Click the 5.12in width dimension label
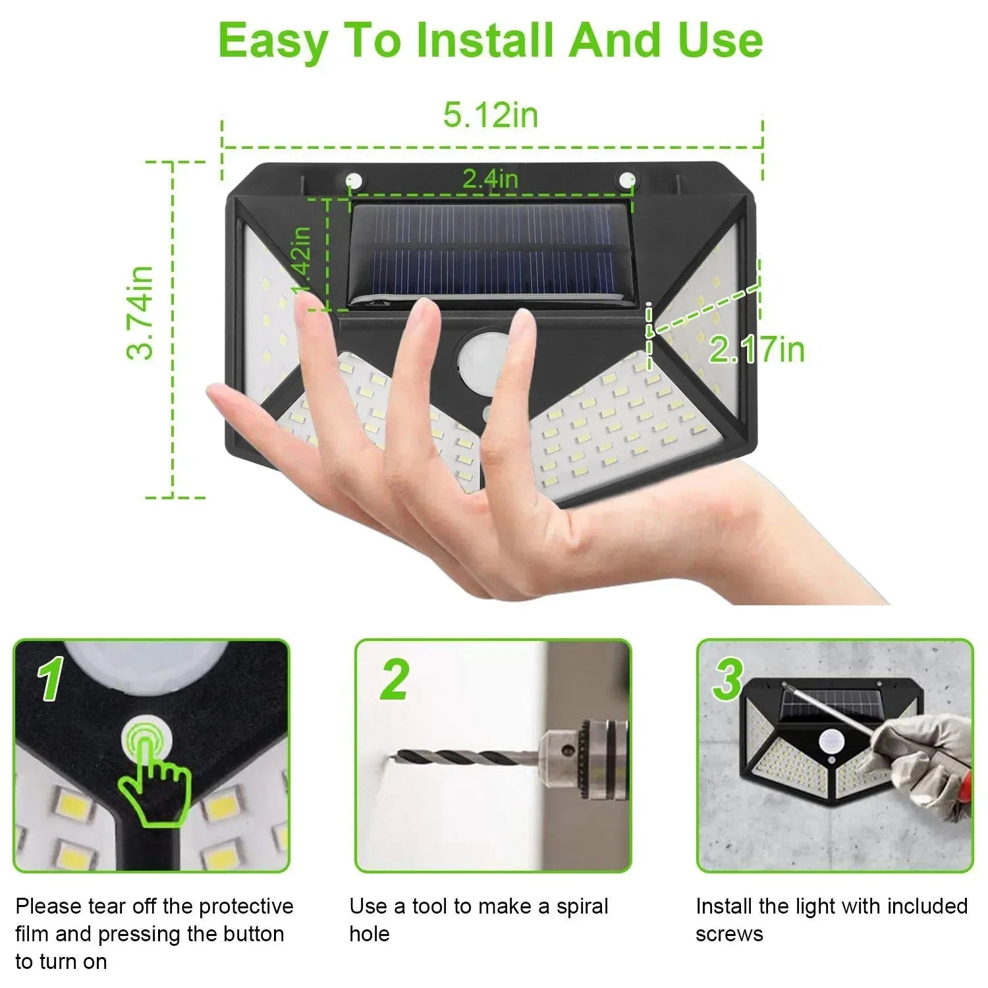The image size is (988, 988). click(x=491, y=115)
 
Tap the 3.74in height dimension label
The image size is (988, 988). click(x=140, y=313)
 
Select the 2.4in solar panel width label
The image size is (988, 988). click(x=490, y=178)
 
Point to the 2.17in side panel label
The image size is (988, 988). click(x=757, y=348)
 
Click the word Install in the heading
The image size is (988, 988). click(x=485, y=41)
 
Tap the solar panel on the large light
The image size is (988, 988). click(x=491, y=254)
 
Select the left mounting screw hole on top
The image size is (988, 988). click(x=354, y=180)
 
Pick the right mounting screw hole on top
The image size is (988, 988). click(x=626, y=180)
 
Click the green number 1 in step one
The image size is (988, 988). click(x=51, y=680)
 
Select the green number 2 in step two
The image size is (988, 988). click(x=394, y=679)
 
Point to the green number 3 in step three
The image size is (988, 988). click(x=728, y=679)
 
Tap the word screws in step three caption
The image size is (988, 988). click(x=729, y=934)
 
